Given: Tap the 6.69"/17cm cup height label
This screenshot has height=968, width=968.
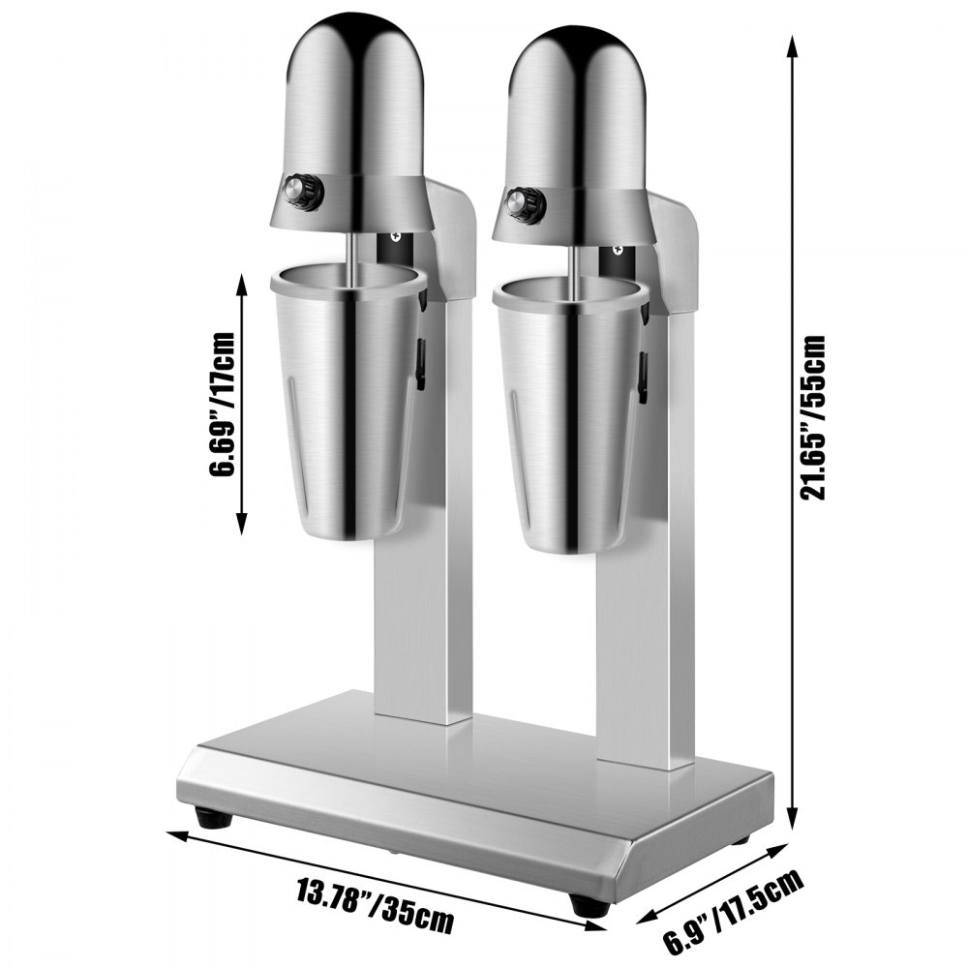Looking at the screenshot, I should (x=226, y=406).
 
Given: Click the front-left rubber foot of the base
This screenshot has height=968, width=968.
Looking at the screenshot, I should (x=214, y=818).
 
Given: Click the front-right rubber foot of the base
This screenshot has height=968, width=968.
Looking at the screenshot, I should (x=586, y=905).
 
